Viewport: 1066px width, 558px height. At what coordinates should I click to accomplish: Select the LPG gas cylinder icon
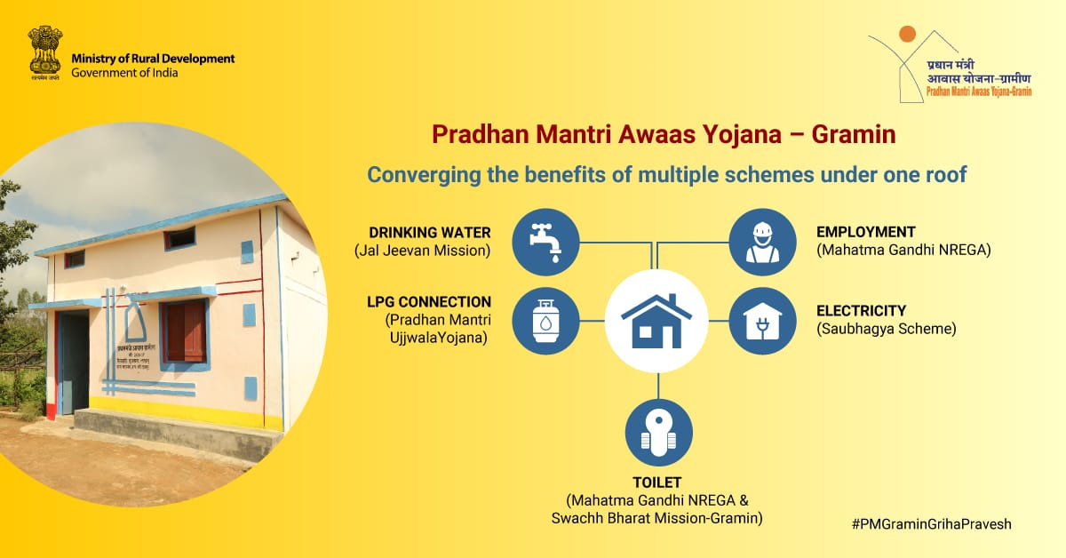545,321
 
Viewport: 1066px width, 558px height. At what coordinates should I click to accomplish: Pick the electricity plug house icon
762,321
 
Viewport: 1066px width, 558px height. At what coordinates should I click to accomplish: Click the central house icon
656,321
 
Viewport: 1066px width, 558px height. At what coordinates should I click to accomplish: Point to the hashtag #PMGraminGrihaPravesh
931,524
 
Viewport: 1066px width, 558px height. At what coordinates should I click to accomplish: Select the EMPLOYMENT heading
865,233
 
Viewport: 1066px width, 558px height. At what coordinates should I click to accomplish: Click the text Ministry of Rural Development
153,59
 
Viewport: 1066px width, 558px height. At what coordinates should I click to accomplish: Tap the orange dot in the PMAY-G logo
906,34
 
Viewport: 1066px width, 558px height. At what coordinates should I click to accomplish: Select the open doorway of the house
73,362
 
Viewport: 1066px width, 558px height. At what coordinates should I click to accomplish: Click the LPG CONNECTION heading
428,302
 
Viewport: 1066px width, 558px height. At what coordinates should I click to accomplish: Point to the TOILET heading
656,482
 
